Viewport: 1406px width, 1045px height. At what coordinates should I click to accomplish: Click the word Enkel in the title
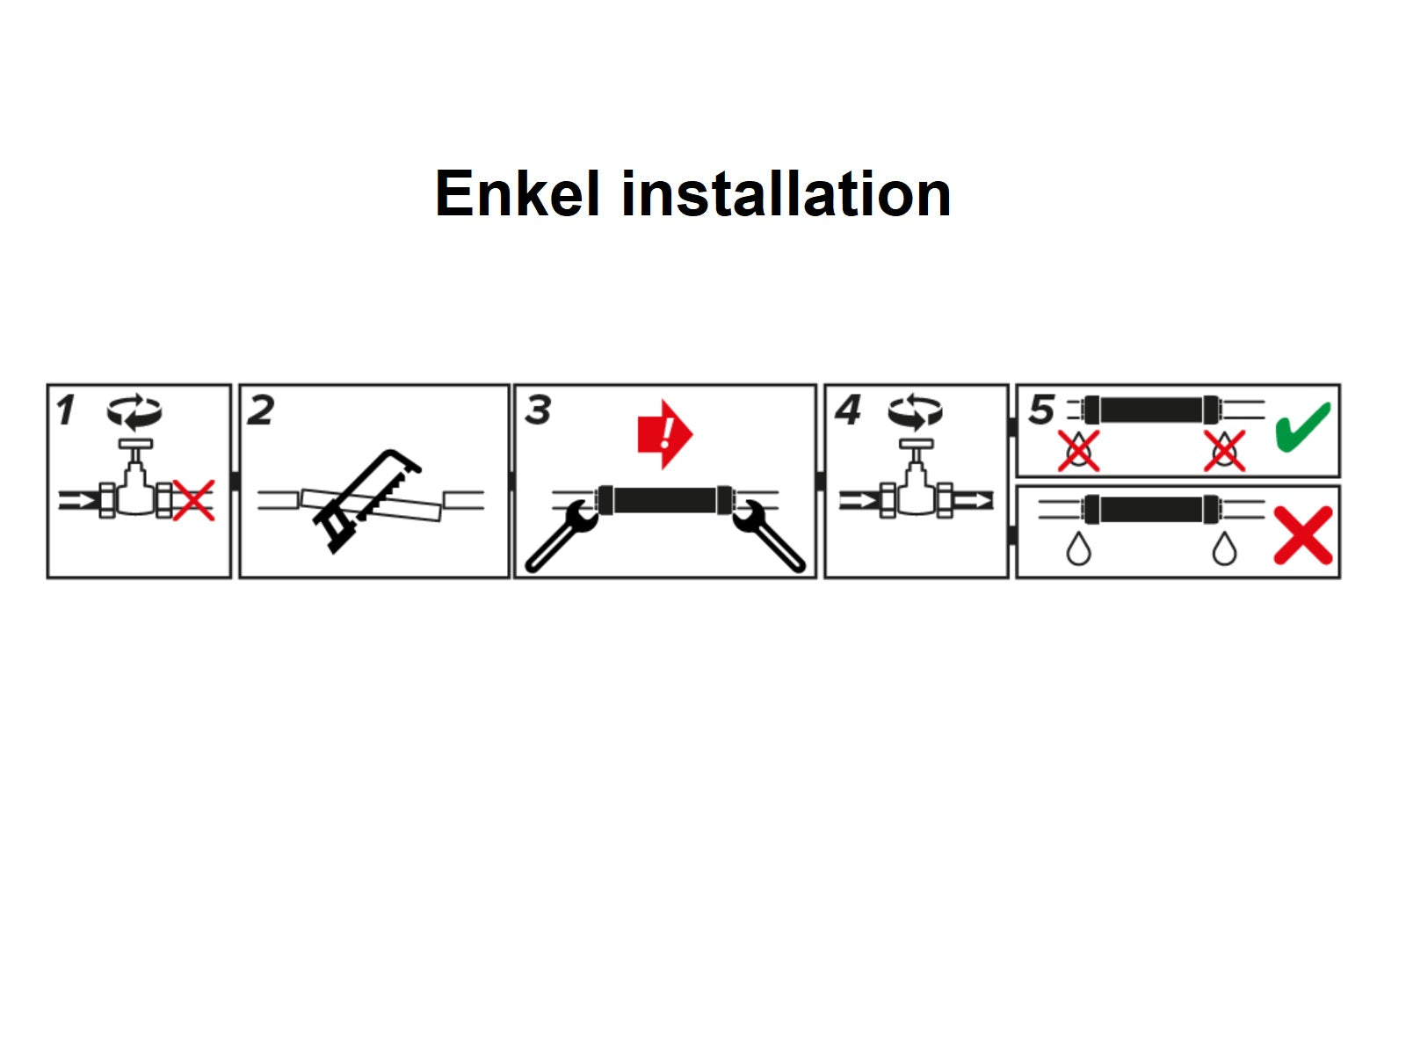click(518, 193)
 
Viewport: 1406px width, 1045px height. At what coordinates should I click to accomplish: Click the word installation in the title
click(786, 193)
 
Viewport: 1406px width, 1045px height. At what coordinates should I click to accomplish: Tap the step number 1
click(65, 410)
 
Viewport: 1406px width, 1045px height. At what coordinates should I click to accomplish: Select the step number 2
click(260, 410)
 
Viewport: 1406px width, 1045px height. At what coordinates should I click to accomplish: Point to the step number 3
click(538, 410)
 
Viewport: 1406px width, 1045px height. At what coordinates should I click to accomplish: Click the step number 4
click(847, 410)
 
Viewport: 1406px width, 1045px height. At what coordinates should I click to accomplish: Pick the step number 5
click(1041, 410)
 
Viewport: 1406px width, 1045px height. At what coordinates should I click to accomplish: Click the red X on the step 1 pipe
click(193, 500)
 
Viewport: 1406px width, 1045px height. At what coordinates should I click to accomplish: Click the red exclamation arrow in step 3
click(665, 434)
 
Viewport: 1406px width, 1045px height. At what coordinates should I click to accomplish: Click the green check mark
click(1303, 426)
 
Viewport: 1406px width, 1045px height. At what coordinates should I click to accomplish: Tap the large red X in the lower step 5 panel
click(1303, 535)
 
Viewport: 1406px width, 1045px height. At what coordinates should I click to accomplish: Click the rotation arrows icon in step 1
click(134, 411)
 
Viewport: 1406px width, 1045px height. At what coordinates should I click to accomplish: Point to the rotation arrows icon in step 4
click(915, 411)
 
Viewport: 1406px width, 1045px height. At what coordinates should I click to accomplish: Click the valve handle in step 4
click(915, 445)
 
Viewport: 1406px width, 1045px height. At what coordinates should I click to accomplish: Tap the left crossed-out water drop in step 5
click(1078, 451)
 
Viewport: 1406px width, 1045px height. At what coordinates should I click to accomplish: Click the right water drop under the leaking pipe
click(1224, 548)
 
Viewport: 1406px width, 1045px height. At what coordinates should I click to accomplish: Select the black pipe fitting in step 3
click(665, 500)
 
